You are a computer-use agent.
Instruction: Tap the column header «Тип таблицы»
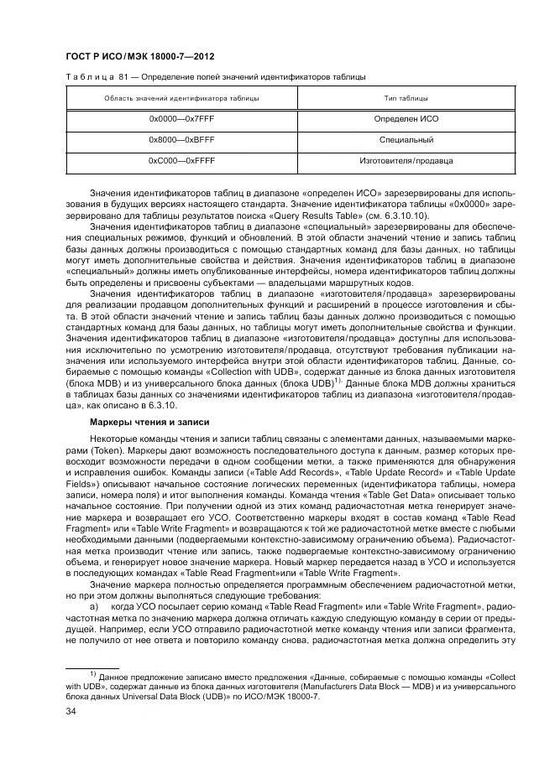click(406, 99)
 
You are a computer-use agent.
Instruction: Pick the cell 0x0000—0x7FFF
click(175, 119)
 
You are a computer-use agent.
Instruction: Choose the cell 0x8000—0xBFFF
click(175, 139)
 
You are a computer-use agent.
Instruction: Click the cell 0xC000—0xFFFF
click(175, 159)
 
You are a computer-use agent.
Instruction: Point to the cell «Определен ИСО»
click(406, 119)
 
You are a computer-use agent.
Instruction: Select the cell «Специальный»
click(406, 139)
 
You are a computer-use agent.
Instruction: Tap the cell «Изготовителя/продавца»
click(406, 159)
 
